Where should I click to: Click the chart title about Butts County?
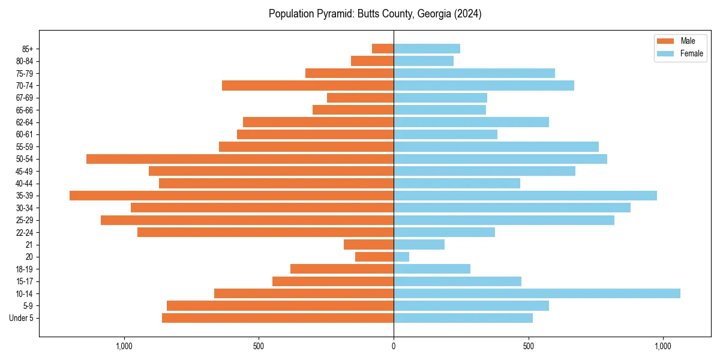tap(375, 14)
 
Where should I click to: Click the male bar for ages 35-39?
tap(232, 196)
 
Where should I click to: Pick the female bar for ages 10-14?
tap(537, 293)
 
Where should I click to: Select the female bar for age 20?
tap(401, 257)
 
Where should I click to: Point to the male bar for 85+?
tap(383, 49)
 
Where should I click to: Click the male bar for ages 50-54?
tap(240, 159)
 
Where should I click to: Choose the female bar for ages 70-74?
tap(484, 86)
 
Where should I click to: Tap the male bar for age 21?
tap(368, 245)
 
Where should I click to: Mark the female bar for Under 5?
tap(463, 318)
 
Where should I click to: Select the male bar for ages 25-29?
tap(247, 220)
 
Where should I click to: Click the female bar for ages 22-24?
tap(444, 232)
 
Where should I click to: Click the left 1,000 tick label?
tap(124, 347)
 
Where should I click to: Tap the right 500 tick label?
tap(528, 347)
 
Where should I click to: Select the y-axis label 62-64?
tap(25, 122)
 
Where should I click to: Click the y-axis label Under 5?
tap(22, 318)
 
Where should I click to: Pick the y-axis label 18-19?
tap(25, 269)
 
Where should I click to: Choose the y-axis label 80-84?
tap(25, 61)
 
